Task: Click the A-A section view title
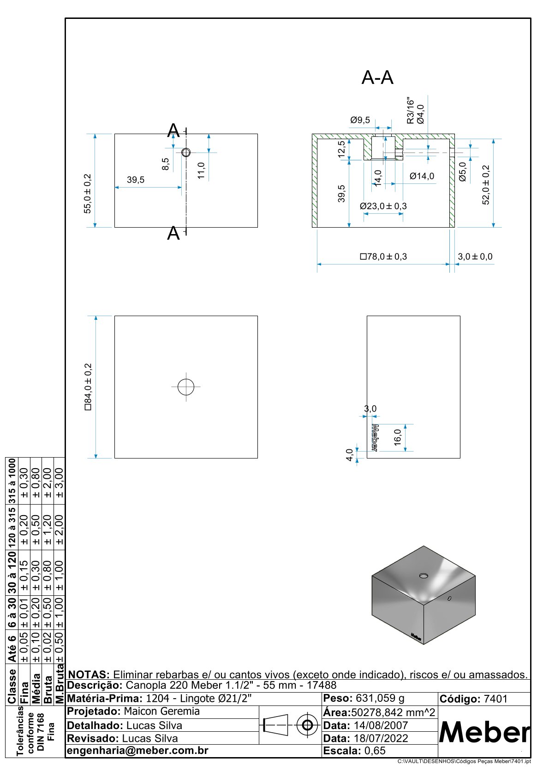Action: tap(377, 77)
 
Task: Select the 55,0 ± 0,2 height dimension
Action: tap(87, 193)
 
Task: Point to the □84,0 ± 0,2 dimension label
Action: tap(88, 387)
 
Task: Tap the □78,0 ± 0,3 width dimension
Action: tap(383, 257)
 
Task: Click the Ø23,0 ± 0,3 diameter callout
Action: tap(383, 206)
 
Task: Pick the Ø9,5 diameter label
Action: tap(360, 120)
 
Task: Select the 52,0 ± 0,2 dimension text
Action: tap(486, 185)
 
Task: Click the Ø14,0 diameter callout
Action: tap(422, 176)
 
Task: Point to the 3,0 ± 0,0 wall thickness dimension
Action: tap(475, 257)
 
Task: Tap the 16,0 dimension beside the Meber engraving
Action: tap(397, 437)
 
